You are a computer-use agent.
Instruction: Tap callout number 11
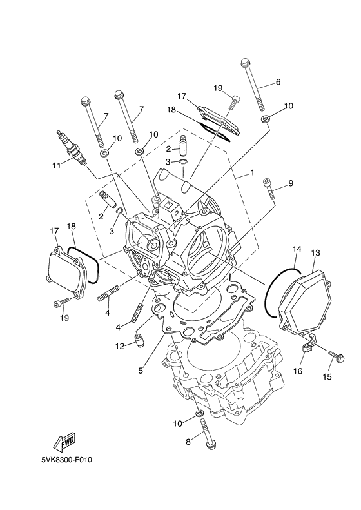(57, 165)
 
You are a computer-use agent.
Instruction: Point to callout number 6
(278, 82)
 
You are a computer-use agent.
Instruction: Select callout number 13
(315, 252)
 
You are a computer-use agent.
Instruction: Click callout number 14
(297, 248)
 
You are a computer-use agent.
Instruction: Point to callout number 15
(327, 376)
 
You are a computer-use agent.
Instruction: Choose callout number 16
(299, 372)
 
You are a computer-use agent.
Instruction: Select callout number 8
(189, 442)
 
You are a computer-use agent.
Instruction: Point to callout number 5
(141, 371)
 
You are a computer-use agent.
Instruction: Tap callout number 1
(253, 173)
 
